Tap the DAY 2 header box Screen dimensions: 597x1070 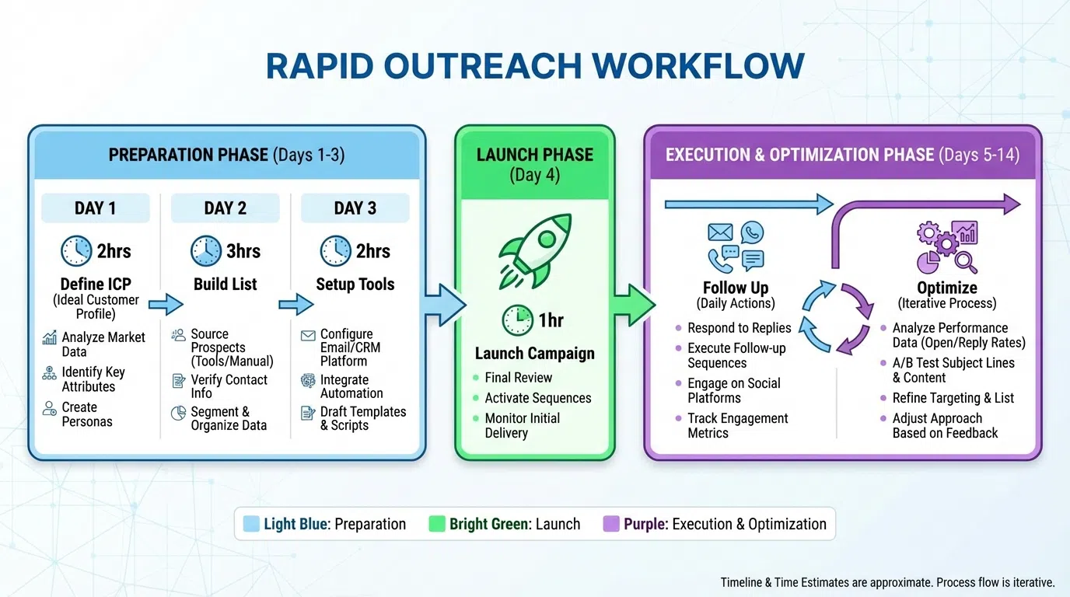(x=225, y=208)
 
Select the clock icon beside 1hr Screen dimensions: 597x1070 (x=517, y=320)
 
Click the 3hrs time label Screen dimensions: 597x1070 (x=243, y=251)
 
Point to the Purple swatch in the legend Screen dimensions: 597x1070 (x=611, y=524)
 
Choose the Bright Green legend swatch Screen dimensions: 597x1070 (x=437, y=524)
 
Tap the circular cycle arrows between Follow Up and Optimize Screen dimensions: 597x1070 (x=836, y=318)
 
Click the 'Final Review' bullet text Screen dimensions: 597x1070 (x=518, y=378)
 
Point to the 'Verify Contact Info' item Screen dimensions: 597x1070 (x=229, y=386)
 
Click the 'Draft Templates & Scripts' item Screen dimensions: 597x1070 (x=362, y=418)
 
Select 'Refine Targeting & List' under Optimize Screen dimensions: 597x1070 (x=953, y=398)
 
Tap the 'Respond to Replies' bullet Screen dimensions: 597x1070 (x=739, y=328)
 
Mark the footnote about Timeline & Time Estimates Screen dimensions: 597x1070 (x=887, y=582)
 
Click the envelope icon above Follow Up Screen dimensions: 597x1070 (x=720, y=232)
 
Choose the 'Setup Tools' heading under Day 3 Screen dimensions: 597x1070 (x=355, y=285)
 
